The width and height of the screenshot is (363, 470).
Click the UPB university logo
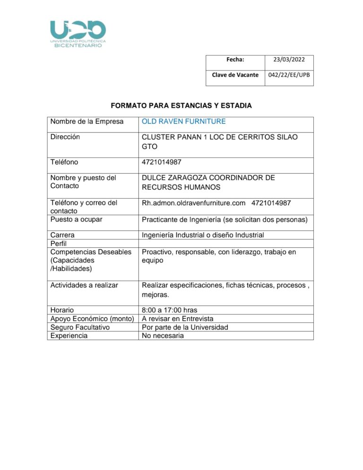point(78,34)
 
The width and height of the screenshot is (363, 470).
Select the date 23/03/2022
point(289,60)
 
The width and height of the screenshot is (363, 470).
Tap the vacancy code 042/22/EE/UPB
point(289,75)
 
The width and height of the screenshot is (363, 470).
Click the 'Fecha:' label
point(235,60)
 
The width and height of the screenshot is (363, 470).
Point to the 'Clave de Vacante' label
point(235,75)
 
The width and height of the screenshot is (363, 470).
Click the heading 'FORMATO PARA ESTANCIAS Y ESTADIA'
point(181,105)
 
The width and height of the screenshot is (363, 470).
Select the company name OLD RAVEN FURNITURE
point(184,122)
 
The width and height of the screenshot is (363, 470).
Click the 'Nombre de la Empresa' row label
point(87,122)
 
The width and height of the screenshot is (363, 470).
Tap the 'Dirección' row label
point(65,137)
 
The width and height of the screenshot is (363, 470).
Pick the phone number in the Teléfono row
point(162,162)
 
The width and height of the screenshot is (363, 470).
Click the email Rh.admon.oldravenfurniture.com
point(193,203)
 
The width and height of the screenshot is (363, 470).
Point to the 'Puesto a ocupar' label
point(76,219)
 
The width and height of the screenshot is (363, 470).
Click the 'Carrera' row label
point(62,235)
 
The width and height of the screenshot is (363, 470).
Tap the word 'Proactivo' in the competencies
point(157,252)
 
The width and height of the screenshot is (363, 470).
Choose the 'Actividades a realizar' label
point(84,285)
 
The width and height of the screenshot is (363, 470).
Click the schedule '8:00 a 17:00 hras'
point(170,310)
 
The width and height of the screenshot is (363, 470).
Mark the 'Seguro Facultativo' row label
point(79,327)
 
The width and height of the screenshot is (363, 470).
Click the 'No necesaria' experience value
point(163,336)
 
